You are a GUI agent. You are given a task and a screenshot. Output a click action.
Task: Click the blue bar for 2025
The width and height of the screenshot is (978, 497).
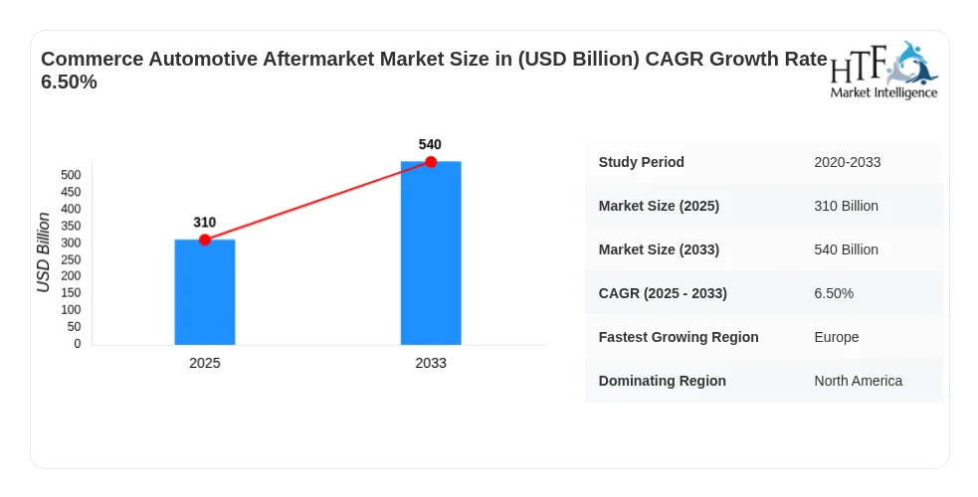205,292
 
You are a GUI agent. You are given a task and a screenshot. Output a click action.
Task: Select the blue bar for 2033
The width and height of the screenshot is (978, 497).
431,253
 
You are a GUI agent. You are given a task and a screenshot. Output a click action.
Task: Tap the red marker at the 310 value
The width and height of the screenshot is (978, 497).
205,240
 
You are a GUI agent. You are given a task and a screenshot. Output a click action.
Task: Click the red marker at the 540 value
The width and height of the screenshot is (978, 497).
431,162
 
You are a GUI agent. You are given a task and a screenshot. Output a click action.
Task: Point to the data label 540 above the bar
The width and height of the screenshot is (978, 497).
430,144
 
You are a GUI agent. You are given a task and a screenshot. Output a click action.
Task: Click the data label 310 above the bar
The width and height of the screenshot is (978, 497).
205,223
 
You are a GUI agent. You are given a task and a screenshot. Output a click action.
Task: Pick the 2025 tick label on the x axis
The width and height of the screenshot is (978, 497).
205,363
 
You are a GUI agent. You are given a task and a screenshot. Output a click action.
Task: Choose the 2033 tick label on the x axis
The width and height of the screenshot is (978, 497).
431,363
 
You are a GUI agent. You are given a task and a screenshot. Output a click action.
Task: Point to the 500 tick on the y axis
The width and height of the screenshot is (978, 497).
71,175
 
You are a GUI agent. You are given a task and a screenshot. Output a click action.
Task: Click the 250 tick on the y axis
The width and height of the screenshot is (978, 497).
71,259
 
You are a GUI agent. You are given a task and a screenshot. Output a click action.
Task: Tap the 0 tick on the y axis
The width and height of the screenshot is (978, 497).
78,344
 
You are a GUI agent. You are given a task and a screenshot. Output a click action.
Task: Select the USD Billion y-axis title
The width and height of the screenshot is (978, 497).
43,252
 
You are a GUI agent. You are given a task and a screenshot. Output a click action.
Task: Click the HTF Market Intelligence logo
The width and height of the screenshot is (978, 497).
883,71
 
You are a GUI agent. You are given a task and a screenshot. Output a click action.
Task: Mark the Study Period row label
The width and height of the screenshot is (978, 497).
641,162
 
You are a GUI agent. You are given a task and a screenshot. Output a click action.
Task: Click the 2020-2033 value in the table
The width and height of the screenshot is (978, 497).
847,162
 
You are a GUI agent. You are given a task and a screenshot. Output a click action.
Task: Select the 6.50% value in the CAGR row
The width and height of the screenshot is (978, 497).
834,293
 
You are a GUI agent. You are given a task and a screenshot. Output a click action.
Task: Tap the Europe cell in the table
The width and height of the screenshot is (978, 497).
837,337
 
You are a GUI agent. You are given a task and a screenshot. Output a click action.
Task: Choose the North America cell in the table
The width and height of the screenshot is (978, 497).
859,381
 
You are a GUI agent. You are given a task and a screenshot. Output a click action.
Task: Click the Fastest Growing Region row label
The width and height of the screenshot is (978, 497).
679,337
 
